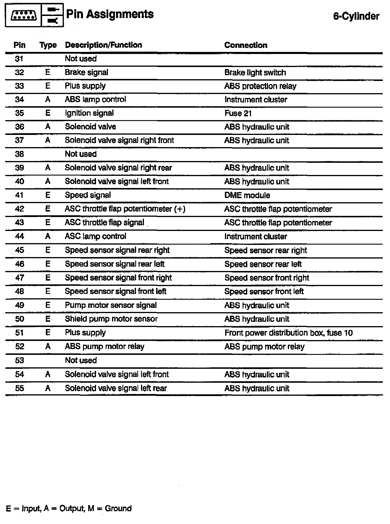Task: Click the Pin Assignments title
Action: coord(110,14)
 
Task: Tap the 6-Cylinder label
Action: coord(356,16)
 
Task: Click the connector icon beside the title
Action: coord(24,15)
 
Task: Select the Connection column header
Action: coord(246,45)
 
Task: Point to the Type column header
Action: coord(48,45)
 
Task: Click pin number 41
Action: coord(19,195)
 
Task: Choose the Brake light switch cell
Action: coord(255,73)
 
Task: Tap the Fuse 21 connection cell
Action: coord(238,113)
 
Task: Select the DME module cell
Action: coord(247,195)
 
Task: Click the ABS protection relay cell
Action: coord(260,86)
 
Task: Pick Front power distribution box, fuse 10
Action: coord(288,333)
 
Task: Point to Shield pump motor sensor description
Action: coord(111,319)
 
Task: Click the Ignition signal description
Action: coord(89,113)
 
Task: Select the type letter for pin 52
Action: coord(48,346)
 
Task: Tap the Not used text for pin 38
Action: coord(81,154)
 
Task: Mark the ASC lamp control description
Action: coord(95,236)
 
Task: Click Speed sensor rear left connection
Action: coord(263,264)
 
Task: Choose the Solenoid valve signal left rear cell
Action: coord(116,388)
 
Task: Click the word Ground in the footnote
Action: coord(118,508)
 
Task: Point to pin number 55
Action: coord(19,388)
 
